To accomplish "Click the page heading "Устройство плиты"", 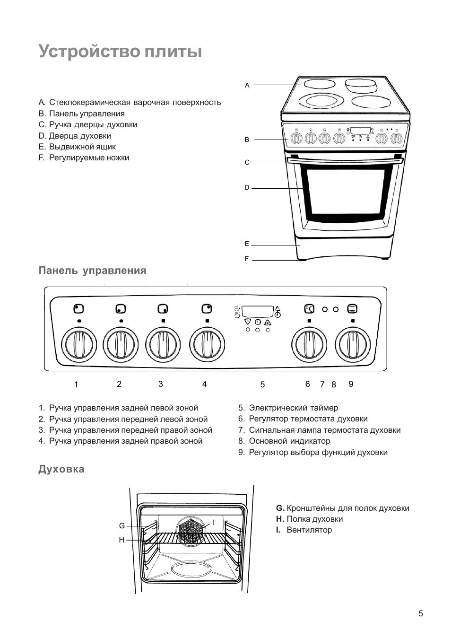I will (x=120, y=51).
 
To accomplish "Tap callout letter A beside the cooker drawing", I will (x=247, y=86).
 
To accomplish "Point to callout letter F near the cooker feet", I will (x=247, y=259).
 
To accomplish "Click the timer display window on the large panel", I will (x=258, y=311).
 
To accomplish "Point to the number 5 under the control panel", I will (x=262, y=385).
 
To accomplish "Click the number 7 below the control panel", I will (x=322, y=385).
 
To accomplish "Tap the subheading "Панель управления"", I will (x=92, y=271).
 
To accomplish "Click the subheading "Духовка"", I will (x=61, y=469).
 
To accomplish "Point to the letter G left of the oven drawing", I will (x=121, y=526).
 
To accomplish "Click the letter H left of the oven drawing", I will (x=121, y=540).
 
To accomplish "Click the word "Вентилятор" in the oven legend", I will (x=309, y=530).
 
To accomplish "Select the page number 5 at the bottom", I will (x=421, y=614).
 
